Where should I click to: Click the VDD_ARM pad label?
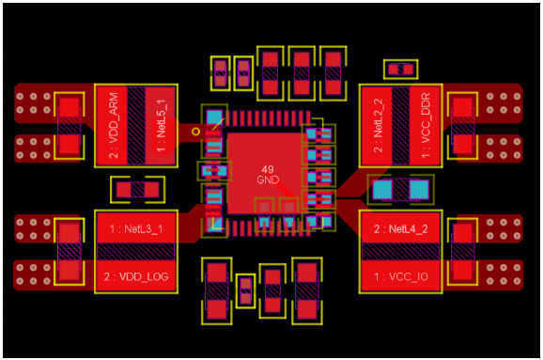pyautogui.click(x=114, y=125)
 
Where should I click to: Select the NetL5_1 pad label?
pyautogui.click(x=161, y=126)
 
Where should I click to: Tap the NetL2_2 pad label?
pyautogui.click(x=379, y=125)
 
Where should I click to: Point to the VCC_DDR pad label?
pyautogui.click(x=426, y=125)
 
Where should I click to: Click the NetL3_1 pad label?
pyautogui.click(x=136, y=229)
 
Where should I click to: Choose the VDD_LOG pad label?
pyautogui.click(x=136, y=276)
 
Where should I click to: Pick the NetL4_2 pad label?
pyautogui.click(x=400, y=229)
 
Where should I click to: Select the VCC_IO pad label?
pyautogui.click(x=400, y=276)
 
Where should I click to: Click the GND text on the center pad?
pyautogui.click(x=268, y=180)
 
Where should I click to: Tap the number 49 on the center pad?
pyautogui.click(x=268, y=169)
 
